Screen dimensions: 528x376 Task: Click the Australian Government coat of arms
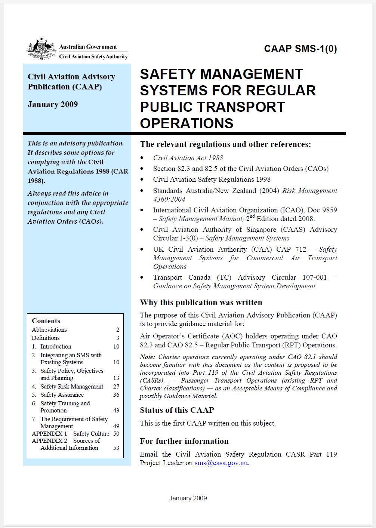(41, 49)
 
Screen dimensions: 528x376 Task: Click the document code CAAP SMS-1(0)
(300, 49)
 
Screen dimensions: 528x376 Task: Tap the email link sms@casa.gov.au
(221, 463)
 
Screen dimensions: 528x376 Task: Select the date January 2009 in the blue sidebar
(53, 104)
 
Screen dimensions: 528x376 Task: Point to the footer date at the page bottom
(188, 498)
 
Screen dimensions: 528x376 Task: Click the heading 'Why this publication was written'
(201, 303)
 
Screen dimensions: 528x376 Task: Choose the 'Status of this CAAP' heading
(177, 410)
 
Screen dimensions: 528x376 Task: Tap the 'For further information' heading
(184, 441)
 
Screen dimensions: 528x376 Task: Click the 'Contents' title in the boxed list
(46, 321)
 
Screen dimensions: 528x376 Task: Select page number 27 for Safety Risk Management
(116, 387)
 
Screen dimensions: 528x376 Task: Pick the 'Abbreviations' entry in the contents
(49, 330)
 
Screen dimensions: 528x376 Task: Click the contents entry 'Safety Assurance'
(62, 395)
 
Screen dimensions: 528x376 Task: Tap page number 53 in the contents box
(116, 448)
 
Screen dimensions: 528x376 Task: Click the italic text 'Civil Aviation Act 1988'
(188, 158)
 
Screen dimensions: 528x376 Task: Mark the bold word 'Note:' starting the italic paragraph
(148, 357)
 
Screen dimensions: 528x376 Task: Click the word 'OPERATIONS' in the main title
(187, 123)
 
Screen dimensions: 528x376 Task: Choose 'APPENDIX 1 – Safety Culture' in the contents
(71, 434)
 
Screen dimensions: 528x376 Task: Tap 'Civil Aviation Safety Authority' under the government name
(93, 57)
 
